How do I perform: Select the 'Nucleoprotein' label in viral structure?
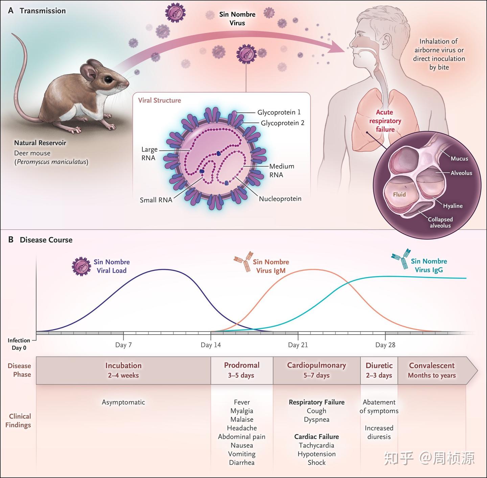tap(280, 199)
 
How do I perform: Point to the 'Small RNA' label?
tap(156, 200)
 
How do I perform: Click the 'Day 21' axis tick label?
tap(298, 345)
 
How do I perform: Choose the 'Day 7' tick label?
tap(123, 345)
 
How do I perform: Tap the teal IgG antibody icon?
tap(401, 258)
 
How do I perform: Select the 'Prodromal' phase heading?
tap(241, 365)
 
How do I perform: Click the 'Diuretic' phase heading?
tap(379, 365)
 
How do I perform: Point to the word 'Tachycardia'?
tap(317, 445)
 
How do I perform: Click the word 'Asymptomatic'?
tap(123, 402)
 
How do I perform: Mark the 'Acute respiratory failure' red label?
tap(385, 121)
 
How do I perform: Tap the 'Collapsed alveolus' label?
tap(440, 222)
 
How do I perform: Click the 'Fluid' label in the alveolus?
tap(399, 195)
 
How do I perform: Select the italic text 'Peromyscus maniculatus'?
tap(51, 162)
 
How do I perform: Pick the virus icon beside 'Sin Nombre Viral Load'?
tap(82, 266)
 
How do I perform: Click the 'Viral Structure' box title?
tap(159, 100)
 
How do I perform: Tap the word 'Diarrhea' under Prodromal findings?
tap(241, 462)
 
